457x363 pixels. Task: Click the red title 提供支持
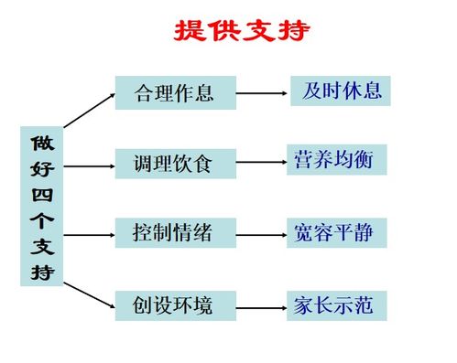click(x=242, y=32)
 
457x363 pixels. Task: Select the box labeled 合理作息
click(x=175, y=93)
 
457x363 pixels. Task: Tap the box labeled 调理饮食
click(x=175, y=165)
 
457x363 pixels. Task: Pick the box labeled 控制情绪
click(x=175, y=233)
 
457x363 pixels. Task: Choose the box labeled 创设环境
click(x=175, y=304)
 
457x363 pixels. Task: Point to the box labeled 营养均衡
click(x=335, y=159)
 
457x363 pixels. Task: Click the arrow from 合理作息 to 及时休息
click(x=264, y=92)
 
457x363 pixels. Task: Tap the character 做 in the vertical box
click(x=41, y=144)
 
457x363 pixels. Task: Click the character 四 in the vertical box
click(x=41, y=195)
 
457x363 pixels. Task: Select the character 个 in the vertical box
click(x=41, y=220)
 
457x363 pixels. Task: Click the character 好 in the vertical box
click(x=41, y=169)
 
